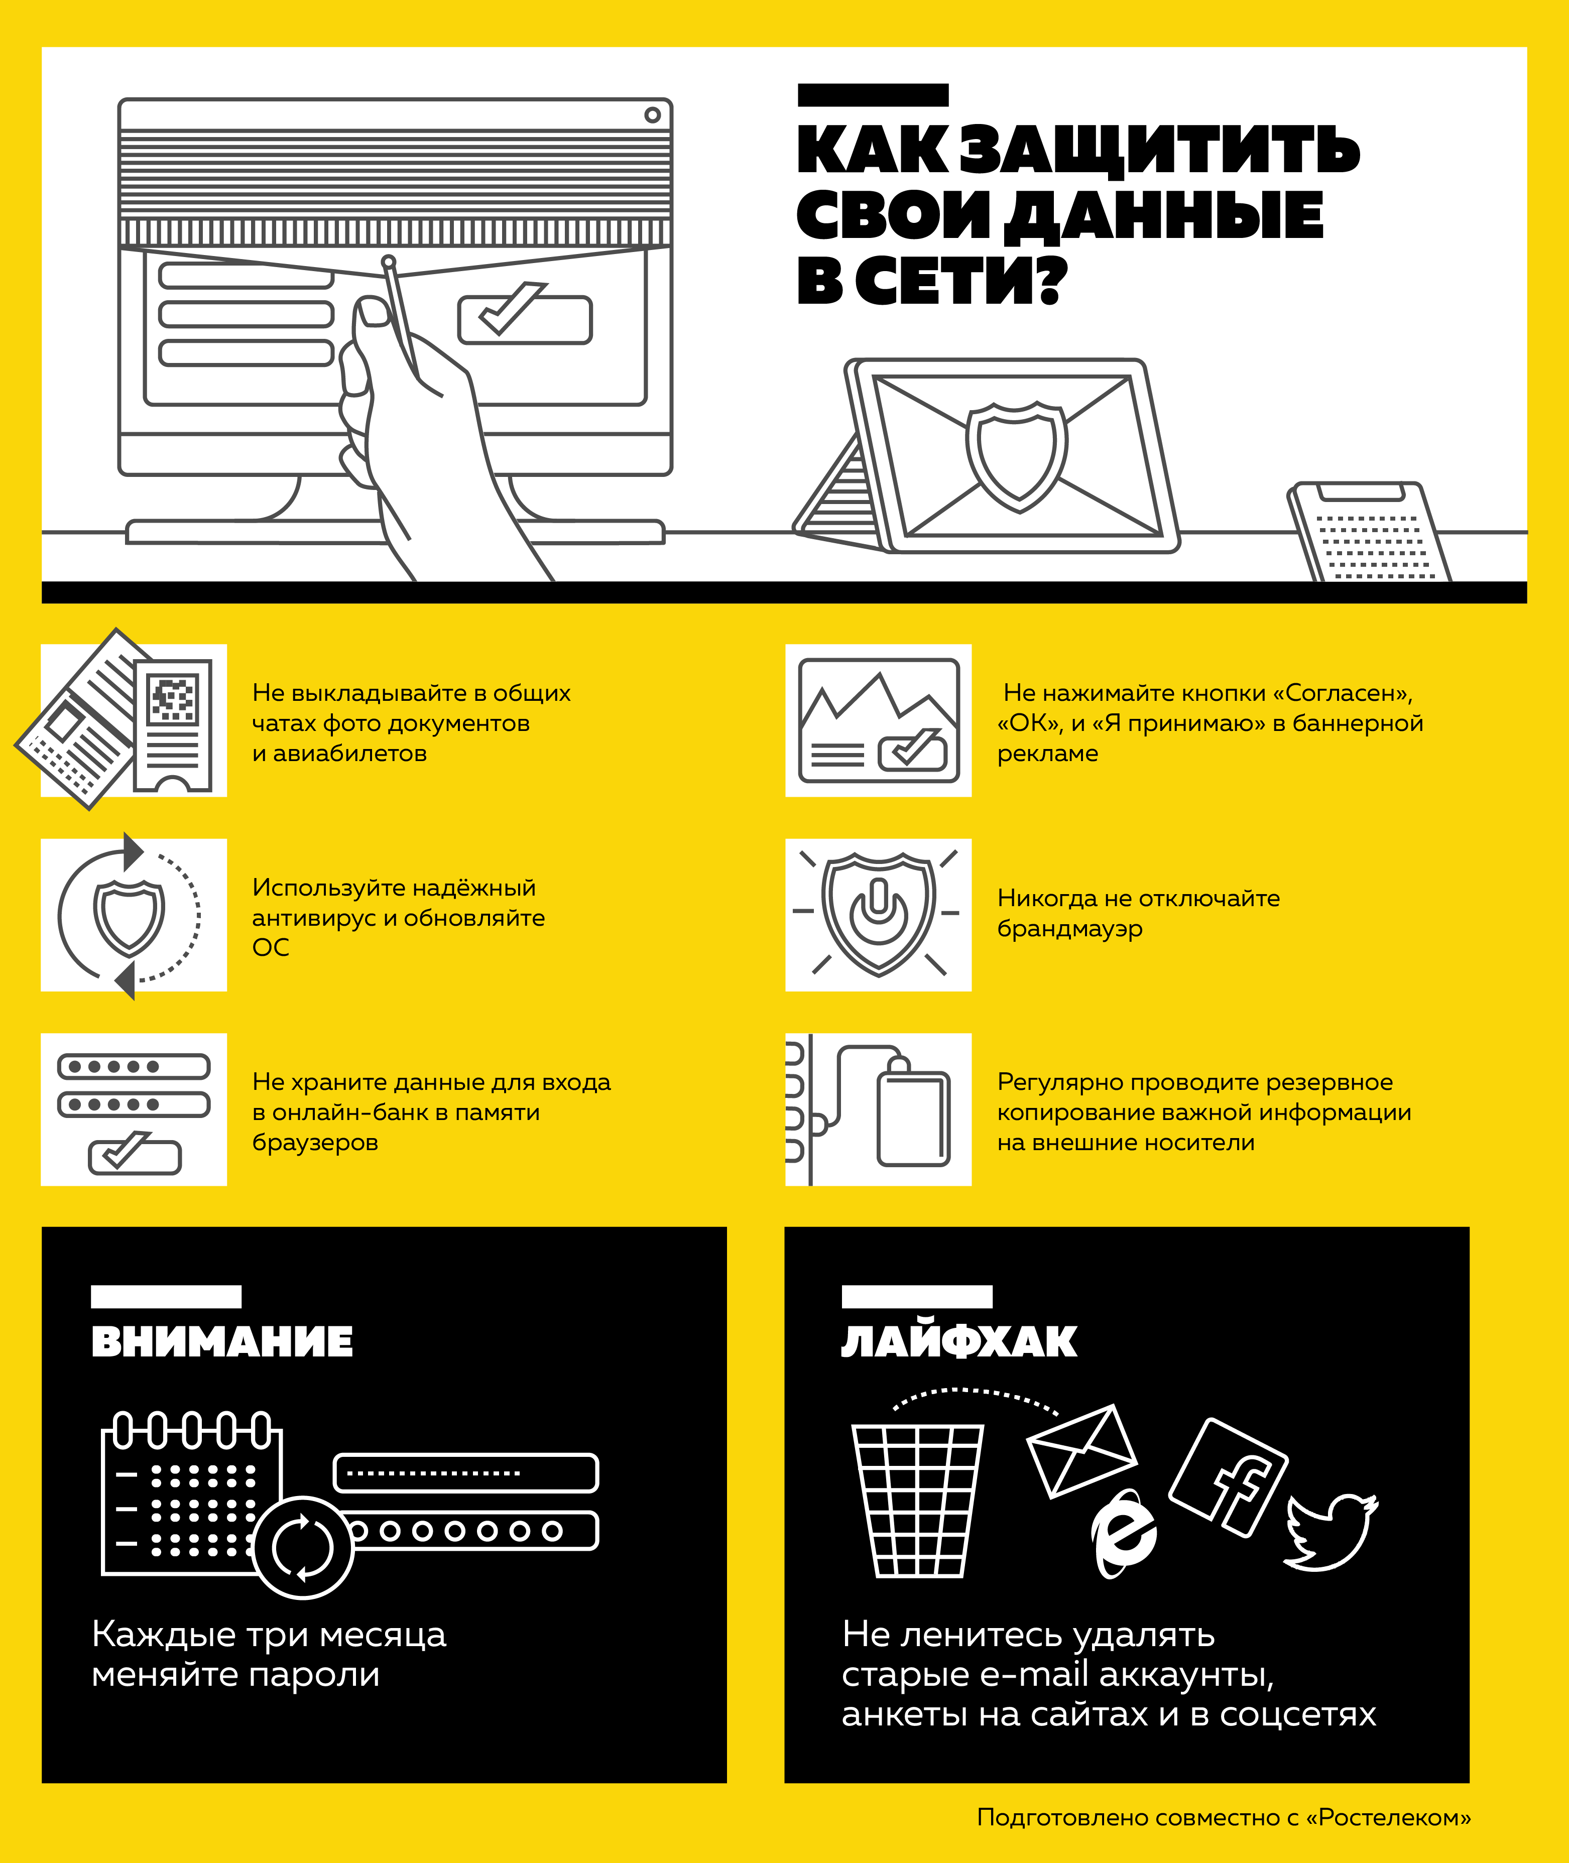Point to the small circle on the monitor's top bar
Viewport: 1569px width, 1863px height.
point(653,115)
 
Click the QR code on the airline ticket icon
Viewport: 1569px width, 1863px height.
point(173,699)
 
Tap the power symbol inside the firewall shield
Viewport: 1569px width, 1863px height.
point(879,912)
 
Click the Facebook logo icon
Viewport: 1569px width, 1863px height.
point(1228,1477)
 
